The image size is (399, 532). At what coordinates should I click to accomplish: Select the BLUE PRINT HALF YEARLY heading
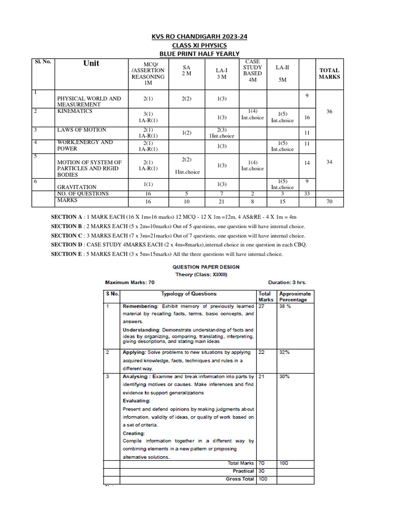click(x=199, y=54)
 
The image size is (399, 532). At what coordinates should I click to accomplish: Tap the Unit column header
click(x=91, y=63)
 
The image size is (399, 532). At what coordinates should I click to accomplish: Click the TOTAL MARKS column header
click(x=329, y=73)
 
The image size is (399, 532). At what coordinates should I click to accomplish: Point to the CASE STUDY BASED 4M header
click(x=252, y=73)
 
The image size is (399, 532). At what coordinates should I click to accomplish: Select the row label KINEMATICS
click(x=75, y=111)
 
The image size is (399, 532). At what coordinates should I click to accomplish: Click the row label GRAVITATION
click(x=77, y=187)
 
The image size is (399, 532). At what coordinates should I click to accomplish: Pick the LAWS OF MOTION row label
click(x=82, y=130)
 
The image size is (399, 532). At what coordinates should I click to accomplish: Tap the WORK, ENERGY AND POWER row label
click(x=85, y=145)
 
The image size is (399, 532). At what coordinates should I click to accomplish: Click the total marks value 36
click(x=329, y=111)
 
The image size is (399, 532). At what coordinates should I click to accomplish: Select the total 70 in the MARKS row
click(x=329, y=202)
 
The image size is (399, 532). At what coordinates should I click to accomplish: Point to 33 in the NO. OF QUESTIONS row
click(x=307, y=194)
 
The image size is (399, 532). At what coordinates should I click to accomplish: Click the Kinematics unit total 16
click(x=307, y=118)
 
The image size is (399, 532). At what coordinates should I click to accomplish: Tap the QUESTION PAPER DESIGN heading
click(x=206, y=267)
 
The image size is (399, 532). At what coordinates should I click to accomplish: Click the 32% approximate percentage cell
click(x=285, y=352)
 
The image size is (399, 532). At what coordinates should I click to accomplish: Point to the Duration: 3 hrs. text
click(x=287, y=283)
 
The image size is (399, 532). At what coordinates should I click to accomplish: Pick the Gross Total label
click(x=240, y=479)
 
